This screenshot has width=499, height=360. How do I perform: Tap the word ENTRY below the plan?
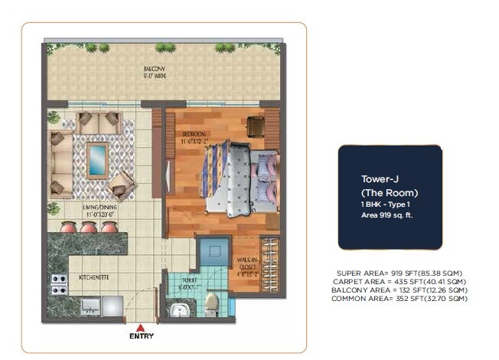click(142, 336)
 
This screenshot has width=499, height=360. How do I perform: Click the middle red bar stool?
click(90, 227)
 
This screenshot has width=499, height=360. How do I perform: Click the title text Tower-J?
click(377, 179)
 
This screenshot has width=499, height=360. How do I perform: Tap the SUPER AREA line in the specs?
click(398, 273)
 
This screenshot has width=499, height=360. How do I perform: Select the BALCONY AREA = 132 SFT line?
click(398, 290)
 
